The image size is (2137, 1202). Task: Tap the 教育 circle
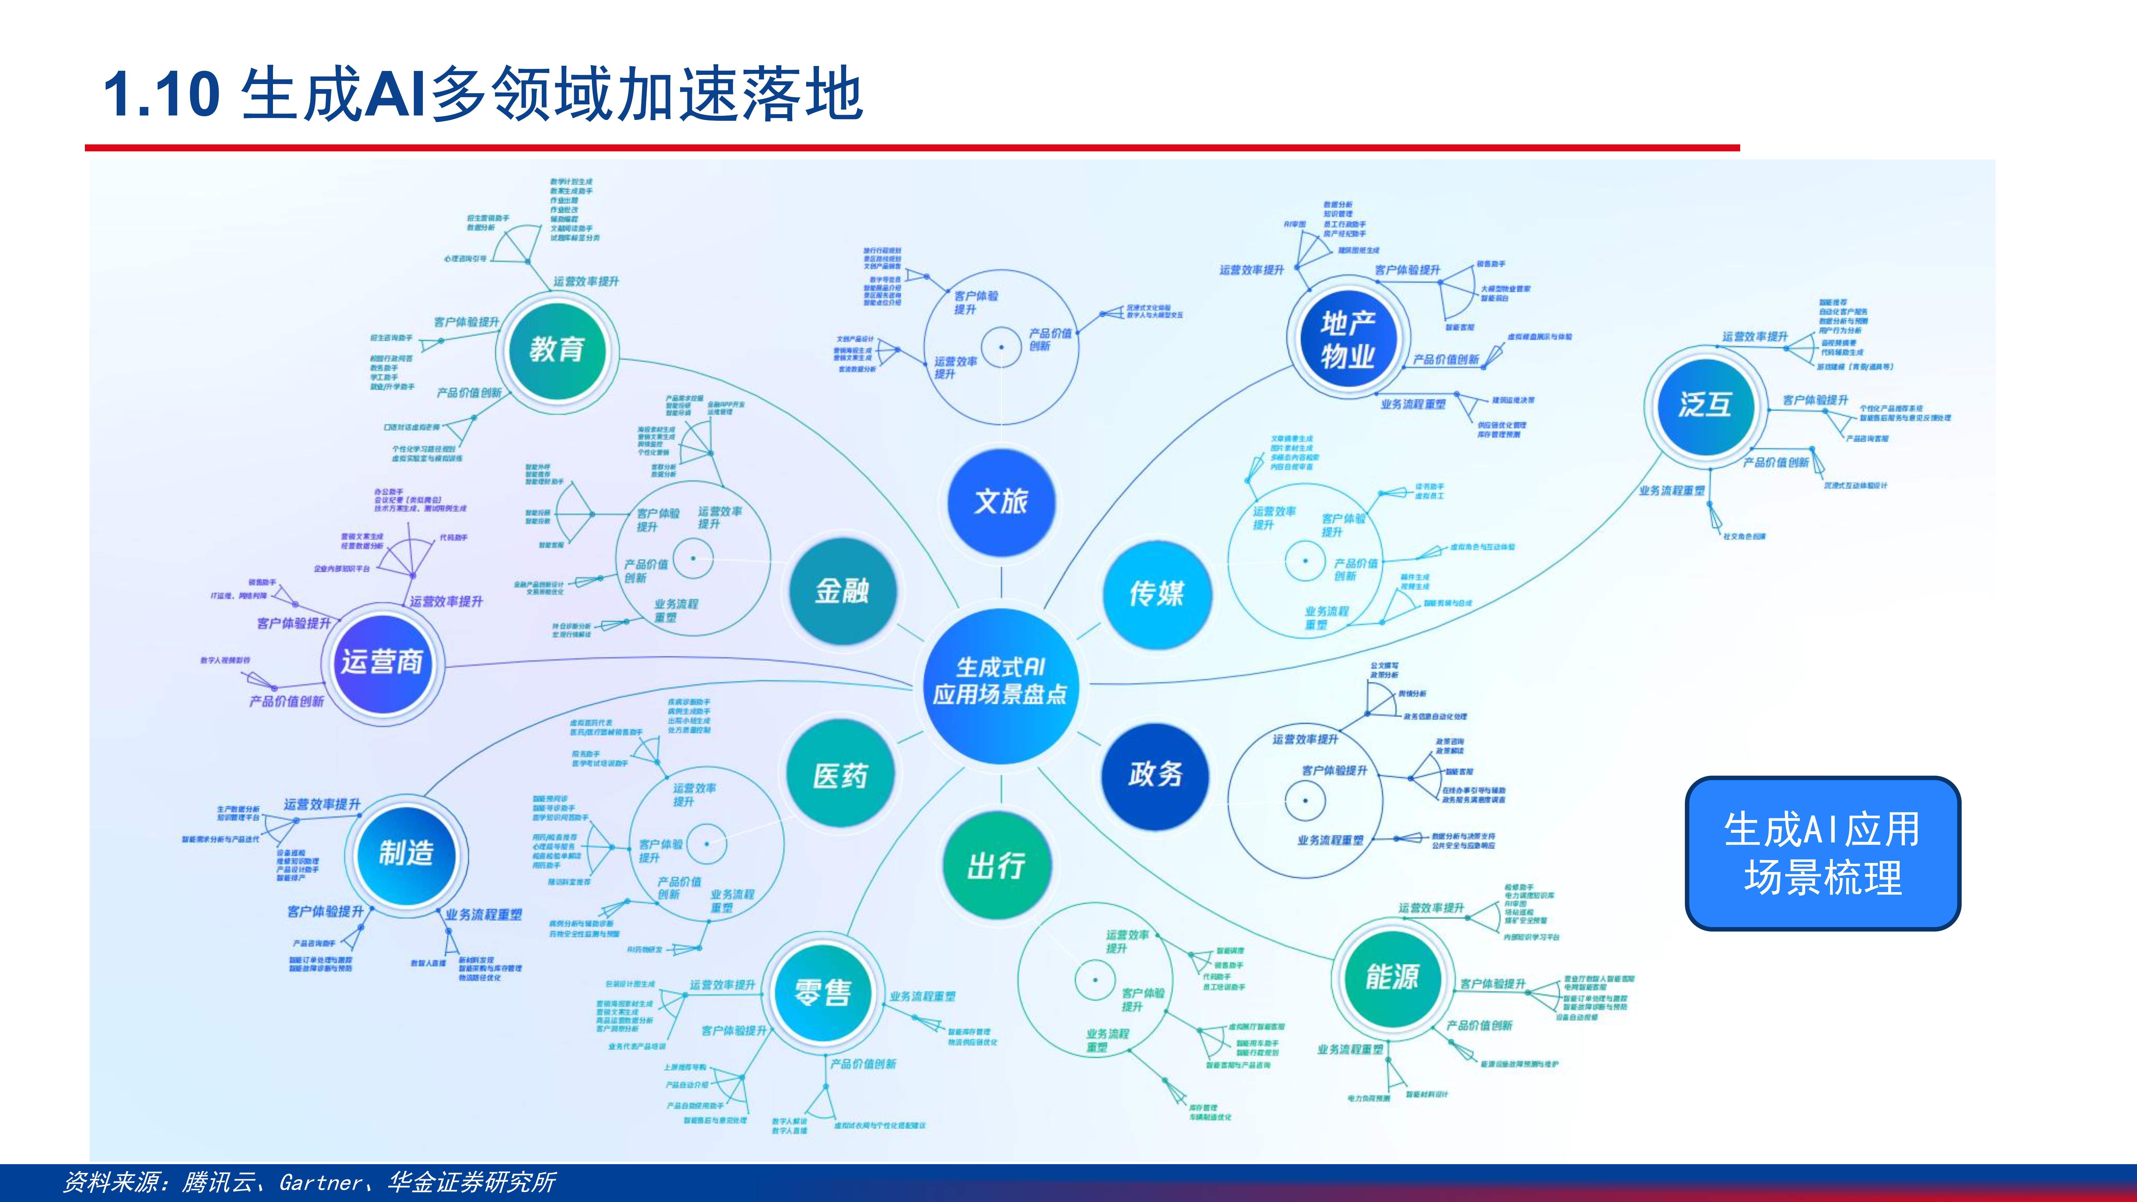click(557, 349)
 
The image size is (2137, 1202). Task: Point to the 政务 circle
click(1155, 774)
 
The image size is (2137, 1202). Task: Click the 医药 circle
click(840, 776)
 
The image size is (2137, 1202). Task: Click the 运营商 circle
click(381, 662)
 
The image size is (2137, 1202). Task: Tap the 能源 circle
click(1392, 977)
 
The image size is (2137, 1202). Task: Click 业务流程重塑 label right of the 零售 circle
click(922, 996)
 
